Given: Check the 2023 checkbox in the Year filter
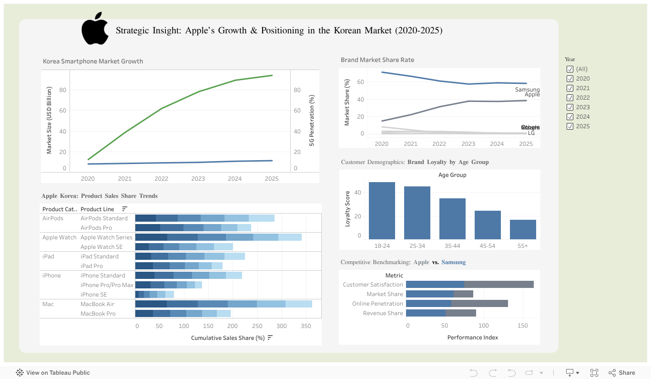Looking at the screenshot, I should (x=570, y=107).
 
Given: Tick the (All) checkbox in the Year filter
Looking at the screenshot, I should (x=570, y=69).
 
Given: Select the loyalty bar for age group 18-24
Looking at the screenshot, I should (x=382, y=210).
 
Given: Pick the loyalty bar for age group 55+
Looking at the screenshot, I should (x=523, y=229).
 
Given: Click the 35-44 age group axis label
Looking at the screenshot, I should (x=452, y=246).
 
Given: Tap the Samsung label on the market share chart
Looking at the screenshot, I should (x=527, y=90).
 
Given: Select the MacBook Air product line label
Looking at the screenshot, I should (x=97, y=304).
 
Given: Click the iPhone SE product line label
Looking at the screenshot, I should (x=93, y=295).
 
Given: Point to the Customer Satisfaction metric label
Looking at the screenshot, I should (x=373, y=285).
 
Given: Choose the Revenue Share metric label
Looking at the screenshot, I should (x=383, y=313).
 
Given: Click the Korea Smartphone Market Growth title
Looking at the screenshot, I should (x=93, y=61).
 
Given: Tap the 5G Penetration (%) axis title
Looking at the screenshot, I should (x=312, y=120).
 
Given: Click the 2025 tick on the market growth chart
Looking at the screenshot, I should (x=272, y=179).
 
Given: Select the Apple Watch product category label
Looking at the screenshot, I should (x=59, y=237).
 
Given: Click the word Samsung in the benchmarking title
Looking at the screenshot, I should (x=453, y=262).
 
